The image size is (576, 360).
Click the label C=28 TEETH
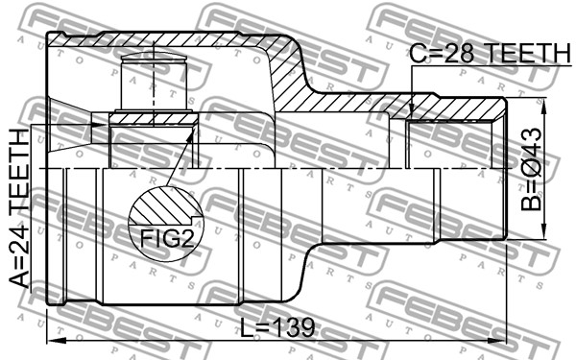[490, 53]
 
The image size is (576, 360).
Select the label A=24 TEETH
[19, 208]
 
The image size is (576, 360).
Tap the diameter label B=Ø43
[531, 169]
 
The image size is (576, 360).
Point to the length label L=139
[277, 327]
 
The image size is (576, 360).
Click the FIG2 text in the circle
[166, 239]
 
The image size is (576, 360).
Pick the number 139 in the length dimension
[295, 327]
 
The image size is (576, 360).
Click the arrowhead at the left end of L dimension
[56, 341]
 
